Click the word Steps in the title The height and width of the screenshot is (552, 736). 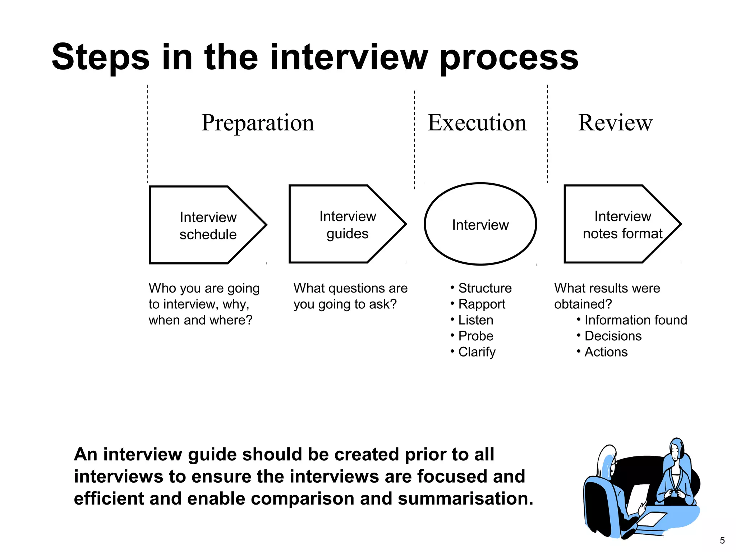100,57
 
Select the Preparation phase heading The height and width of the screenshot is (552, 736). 258,123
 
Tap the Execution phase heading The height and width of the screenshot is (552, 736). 477,123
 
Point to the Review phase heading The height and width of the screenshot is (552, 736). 615,123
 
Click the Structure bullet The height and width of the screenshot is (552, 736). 484,288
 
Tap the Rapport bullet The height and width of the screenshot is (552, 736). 482,304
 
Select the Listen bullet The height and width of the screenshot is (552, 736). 475,320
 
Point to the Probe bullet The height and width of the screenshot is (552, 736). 475,336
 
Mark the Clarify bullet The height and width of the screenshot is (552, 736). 477,352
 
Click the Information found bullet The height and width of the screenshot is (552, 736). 635,320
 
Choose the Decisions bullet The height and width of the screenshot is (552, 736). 613,336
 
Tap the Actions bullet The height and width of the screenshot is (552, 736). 606,352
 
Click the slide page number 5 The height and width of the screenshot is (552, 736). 722,540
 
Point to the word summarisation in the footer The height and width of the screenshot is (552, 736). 465,499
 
